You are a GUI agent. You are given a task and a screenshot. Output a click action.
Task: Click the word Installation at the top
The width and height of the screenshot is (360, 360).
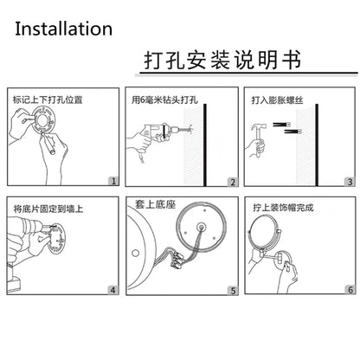tap(63, 29)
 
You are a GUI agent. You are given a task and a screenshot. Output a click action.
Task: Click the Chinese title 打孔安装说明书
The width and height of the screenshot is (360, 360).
tap(222, 60)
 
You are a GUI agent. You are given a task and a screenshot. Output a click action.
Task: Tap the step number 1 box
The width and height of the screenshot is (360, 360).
tap(113, 181)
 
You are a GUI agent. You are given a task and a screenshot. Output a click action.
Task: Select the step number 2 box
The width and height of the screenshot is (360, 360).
tap(233, 182)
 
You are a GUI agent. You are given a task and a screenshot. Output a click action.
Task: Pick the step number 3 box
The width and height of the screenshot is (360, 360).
tap(350, 182)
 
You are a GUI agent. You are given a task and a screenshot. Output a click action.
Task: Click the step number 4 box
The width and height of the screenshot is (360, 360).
tap(112, 290)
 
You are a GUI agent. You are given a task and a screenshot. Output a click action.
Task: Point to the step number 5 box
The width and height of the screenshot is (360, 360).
tap(233, 291)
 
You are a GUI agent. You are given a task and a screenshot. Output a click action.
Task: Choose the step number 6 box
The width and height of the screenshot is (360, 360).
tap(350, 289)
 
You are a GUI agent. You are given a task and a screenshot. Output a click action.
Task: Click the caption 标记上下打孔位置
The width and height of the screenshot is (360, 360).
tap(48, 100)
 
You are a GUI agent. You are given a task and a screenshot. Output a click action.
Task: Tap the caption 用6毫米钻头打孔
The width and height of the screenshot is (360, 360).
tap(165, 100)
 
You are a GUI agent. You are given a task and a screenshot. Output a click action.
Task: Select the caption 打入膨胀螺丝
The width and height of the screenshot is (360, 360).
tap(277, 100)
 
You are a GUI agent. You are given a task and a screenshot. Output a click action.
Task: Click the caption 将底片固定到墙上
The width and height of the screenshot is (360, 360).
tap(48, 209)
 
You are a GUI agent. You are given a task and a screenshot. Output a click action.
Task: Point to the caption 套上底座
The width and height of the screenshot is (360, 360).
tap(156, 204)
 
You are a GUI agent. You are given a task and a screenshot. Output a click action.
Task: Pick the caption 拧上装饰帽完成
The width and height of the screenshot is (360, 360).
tap(283, 208)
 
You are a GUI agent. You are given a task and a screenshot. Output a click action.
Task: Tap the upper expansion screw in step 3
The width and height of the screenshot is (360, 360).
tap(281, 125)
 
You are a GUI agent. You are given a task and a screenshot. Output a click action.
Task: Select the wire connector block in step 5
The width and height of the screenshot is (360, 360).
tap(176, 260)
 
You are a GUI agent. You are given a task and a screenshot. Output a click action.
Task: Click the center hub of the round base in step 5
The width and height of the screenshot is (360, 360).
tap(201, 227)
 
